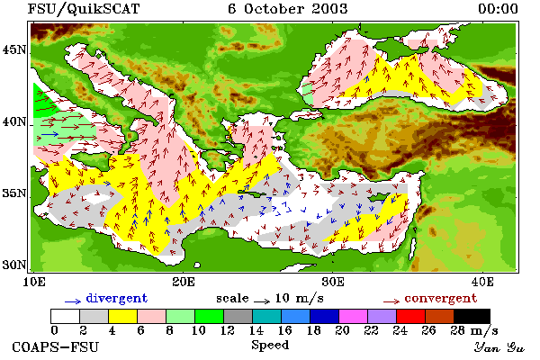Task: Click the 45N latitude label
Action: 14,50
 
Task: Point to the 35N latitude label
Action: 14,193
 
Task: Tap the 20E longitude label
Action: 184,282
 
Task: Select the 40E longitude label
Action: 482,282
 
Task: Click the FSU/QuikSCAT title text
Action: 84,9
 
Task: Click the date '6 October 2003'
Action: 288,9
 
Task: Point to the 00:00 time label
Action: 498,9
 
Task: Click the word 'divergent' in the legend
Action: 117,298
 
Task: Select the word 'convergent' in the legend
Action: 441,298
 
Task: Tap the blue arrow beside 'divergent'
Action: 73,301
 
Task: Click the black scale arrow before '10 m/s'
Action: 262,301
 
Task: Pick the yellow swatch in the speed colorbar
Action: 123,316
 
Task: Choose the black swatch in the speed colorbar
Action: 472,316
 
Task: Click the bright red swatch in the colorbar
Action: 410,316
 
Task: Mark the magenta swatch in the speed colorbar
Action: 353,316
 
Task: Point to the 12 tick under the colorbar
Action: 228,330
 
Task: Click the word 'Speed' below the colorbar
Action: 270,346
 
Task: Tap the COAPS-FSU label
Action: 56,346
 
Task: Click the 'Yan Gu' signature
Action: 499,347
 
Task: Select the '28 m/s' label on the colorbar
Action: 474,330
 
